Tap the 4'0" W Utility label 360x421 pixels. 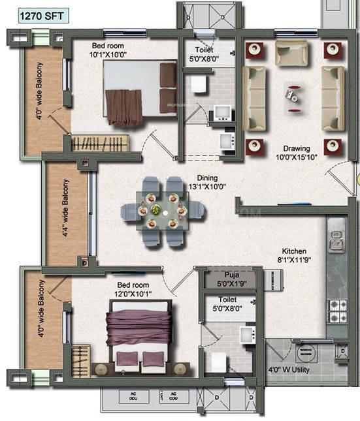(x=291, y=369)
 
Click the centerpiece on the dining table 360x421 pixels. (x=155, y=210)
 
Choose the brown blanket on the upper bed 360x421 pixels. (x=123, y=106)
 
